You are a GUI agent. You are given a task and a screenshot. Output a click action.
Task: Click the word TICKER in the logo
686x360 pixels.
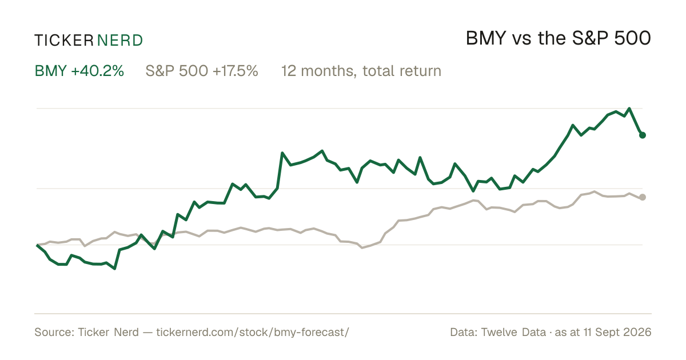[64, 41]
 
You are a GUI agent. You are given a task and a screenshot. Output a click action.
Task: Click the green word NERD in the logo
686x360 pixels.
[120, 41]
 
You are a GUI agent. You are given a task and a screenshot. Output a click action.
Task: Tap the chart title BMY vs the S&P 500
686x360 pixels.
[559, 38]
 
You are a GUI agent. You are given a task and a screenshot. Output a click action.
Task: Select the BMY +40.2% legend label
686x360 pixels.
[79, 71]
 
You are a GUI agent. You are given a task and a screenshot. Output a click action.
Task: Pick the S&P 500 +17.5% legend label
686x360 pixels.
[202, 71]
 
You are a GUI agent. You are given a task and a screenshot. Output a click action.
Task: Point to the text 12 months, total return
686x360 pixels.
[361, 71]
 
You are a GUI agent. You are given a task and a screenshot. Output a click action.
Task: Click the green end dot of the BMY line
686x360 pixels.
[643, 135]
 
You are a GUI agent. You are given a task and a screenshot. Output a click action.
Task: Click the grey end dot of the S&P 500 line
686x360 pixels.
[643, 197]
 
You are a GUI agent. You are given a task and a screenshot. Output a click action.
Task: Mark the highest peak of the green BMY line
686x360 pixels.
[629, 109]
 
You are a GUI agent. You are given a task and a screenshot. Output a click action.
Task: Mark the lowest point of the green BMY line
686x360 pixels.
[114, 269]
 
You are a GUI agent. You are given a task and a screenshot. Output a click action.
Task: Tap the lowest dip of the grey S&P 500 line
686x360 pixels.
[362, 247]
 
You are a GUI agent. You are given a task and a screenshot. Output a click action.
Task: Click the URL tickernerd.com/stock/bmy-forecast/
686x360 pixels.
[253, 332]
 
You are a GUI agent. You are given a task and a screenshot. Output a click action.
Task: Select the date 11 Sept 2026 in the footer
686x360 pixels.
[617, 332]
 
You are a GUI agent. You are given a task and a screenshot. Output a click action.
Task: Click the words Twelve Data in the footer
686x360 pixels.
[513, 332]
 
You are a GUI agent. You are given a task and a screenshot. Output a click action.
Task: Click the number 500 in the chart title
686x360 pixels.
[632, 38]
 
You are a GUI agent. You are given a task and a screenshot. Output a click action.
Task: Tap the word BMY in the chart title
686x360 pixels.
[486, 38]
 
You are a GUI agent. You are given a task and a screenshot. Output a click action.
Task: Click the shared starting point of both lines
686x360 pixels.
[37, 245]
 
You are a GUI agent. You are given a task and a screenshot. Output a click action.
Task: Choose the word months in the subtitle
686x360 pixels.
[327, 71]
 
